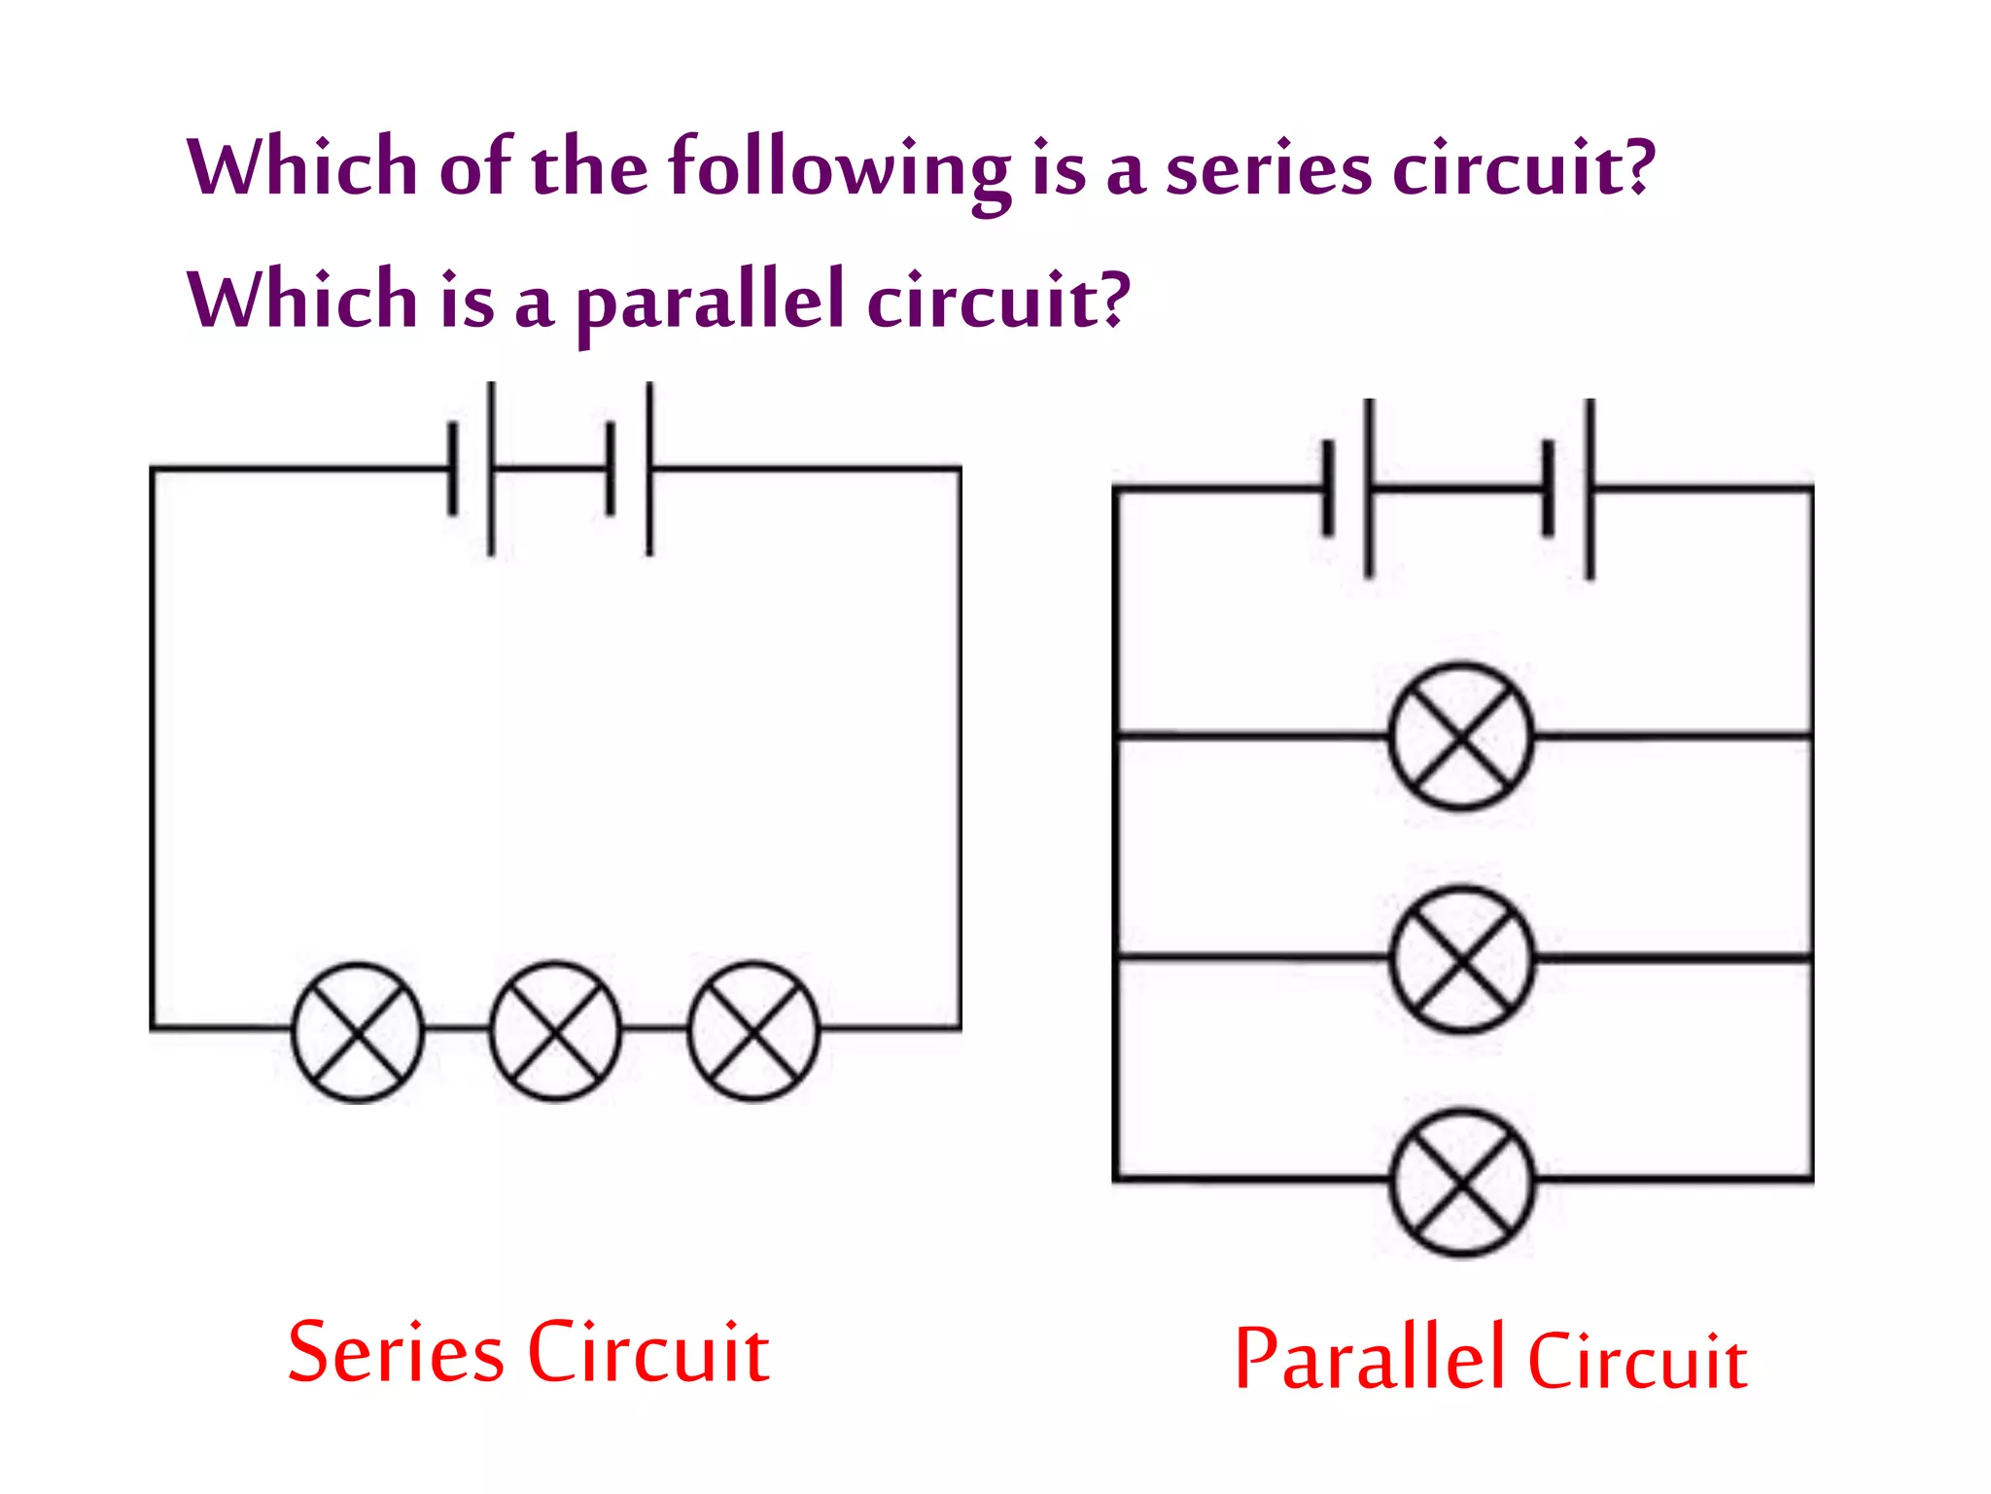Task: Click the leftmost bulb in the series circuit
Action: [x=358, y=1032]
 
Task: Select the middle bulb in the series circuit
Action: [x=555, y=1031]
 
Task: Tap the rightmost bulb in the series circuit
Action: [x=753, y=1031]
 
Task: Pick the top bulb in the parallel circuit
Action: [x=1461, y=736]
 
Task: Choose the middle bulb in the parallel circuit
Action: [x=1462, y=959]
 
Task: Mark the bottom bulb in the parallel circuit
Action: [x=1462, y=1182]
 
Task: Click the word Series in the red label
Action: [x=396, y=1353]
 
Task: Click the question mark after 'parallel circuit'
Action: [x=1115, y=299]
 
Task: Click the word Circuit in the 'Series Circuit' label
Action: [x=648, y=1353]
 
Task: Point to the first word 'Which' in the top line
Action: [x=302, y=167]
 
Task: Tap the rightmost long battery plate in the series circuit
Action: [x=649, y=469]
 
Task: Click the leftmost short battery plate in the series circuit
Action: [x=452, y=469]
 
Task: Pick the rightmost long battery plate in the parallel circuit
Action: [x=1589, y=489]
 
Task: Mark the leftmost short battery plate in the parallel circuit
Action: [x=1328, y=488]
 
